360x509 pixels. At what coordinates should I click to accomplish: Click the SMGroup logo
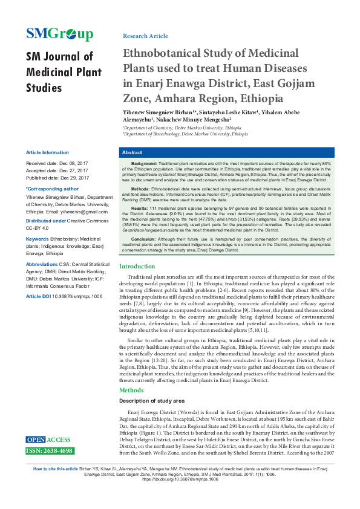click(59, 34)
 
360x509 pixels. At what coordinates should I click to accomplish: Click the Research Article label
click(145, 36)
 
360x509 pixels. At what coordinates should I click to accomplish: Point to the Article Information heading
click(47, 152)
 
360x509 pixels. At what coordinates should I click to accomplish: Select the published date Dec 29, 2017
click(74, 178)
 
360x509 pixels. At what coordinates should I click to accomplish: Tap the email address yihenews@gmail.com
click(79, 212)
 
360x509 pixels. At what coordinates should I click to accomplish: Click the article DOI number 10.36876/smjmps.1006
click(77, 297)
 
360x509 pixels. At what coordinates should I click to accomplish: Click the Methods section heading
click(132, 391)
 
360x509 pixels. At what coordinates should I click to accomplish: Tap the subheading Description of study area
click(154, 401)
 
